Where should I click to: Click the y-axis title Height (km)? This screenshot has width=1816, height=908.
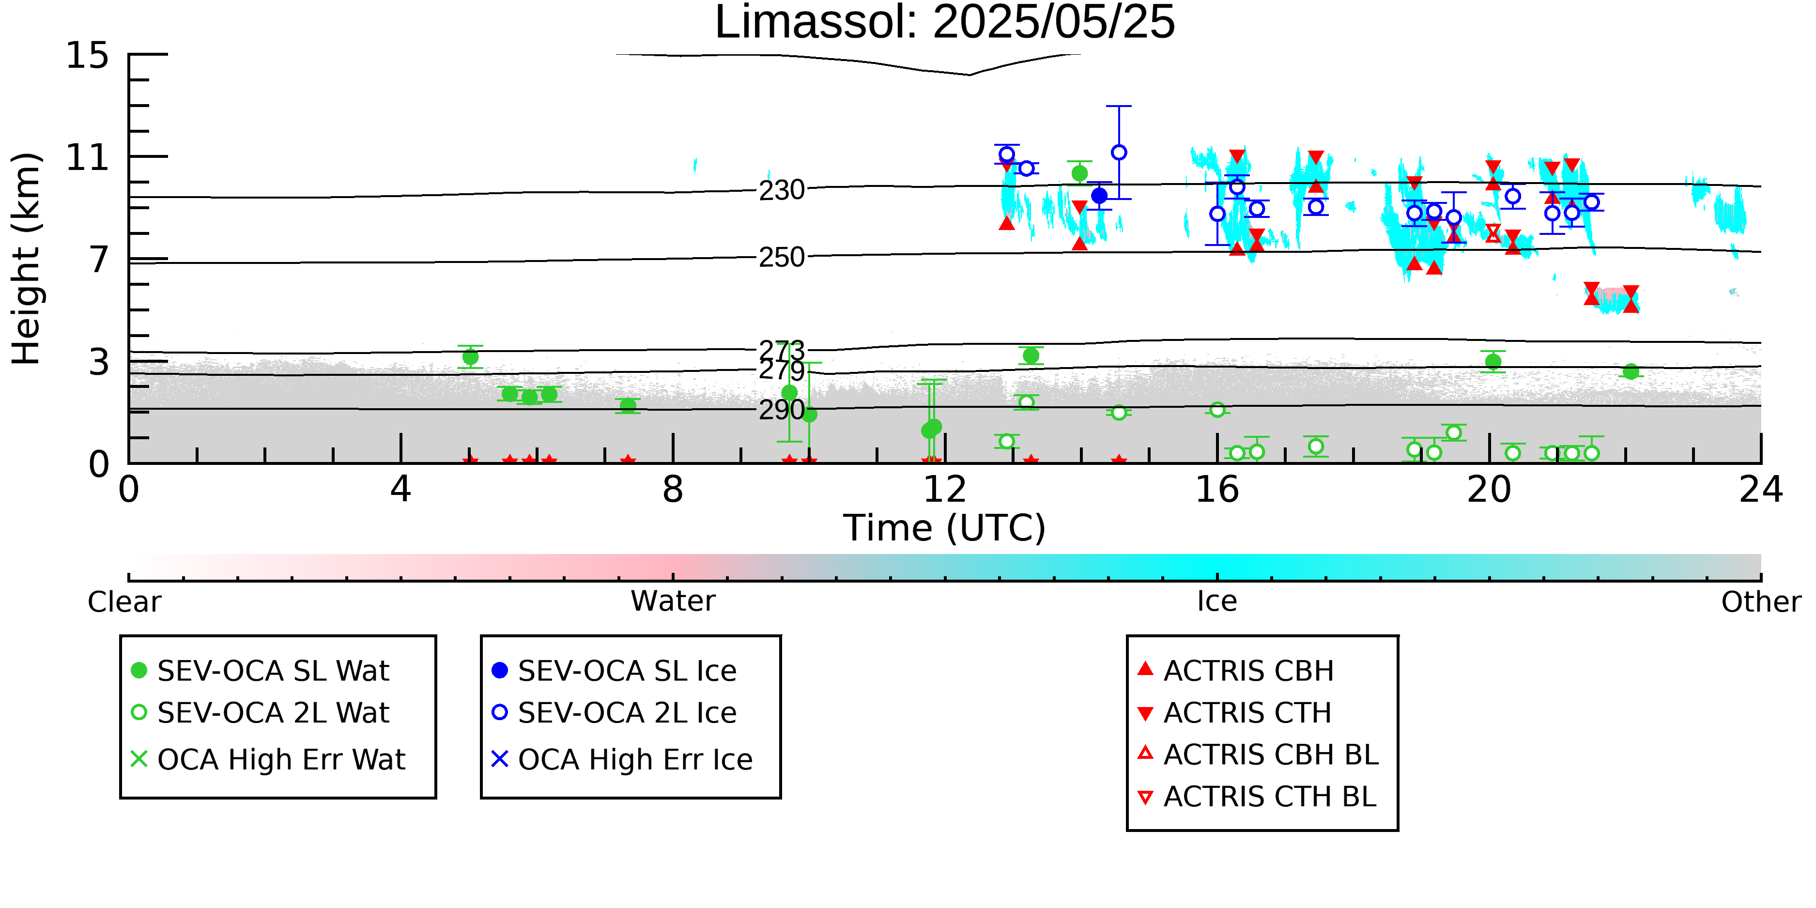pyautogui.click(x=27, y=259)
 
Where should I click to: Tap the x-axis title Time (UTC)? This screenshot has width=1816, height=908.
pyautogui.click(x=945, y=528)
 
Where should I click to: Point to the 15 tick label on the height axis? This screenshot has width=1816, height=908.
pyautogui.click(x=88, y=55)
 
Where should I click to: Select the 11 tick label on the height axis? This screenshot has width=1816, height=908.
pyautogui.click(x=88, y=157)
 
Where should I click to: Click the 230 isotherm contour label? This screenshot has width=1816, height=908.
pyautogui.click(x=782, y=190)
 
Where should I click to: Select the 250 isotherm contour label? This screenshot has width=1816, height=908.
pyautogui.click(x=782, y=257)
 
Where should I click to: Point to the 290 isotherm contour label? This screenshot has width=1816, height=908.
pyautogui.click(x=782, y=410)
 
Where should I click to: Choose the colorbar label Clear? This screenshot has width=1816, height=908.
pyautogui.click(x=125, y=602)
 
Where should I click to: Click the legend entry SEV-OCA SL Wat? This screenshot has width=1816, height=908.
pyautogui.click(x=261, y=670)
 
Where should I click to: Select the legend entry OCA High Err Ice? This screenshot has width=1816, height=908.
pyautogui.click(x=622, y=760)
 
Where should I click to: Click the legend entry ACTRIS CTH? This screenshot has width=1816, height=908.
pyautogui.click(x=1234, y=713)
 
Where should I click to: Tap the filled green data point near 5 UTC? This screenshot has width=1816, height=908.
pyautogui.click(x=470, y=357)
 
